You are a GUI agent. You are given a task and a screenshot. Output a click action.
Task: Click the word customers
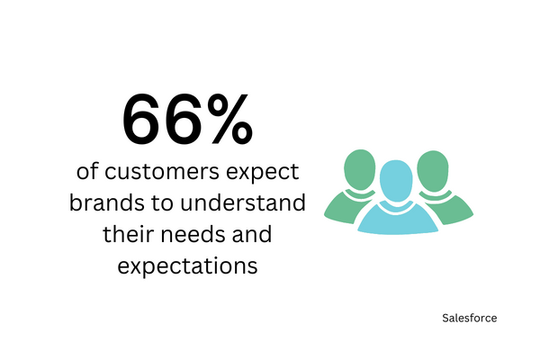click(162, 171)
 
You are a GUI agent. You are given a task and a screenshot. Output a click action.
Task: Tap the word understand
click(243, 202)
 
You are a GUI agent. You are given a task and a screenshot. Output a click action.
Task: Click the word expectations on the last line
click(188, 267)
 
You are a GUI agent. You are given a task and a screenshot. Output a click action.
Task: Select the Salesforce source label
click(470, 318)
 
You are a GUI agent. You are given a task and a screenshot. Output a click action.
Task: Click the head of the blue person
click(396, 181)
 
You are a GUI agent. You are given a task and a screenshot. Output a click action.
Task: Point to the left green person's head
click(360, 169)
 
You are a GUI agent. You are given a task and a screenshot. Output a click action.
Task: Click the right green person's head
click(433, 171)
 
